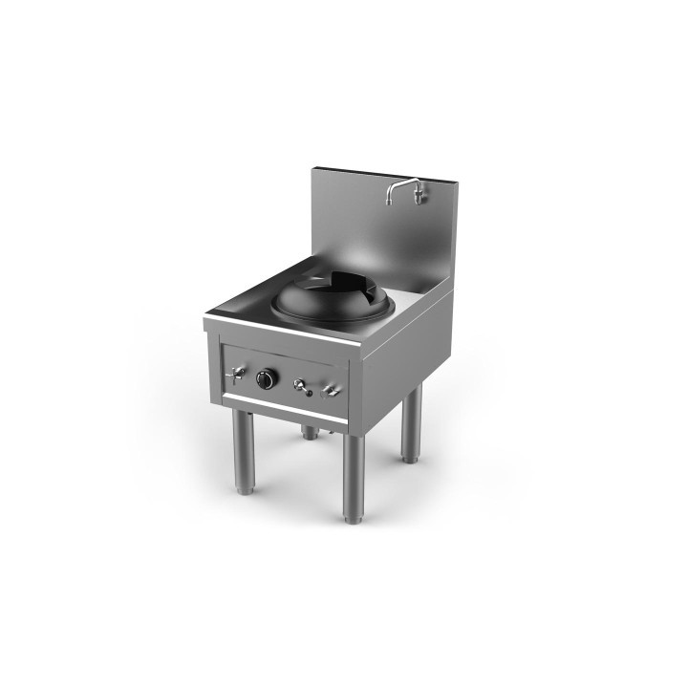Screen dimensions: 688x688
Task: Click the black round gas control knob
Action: click(267, 379)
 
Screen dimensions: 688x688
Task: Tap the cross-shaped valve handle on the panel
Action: click(235, 373)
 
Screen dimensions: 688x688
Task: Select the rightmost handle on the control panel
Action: click(331, 389)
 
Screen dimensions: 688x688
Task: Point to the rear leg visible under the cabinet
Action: click(310, 432)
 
